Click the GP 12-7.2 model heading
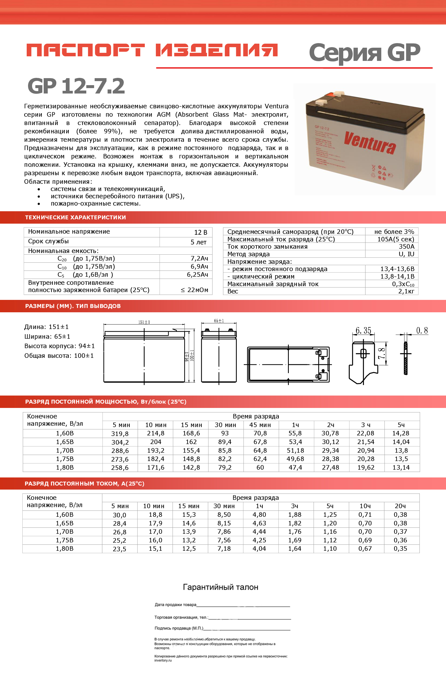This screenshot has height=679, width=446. point(76,86)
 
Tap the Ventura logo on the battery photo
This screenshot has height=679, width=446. point(370,142)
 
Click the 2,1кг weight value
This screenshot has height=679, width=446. point(406,291)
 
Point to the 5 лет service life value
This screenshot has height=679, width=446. point(198,242)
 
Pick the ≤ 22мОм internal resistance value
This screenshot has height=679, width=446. point(194,290)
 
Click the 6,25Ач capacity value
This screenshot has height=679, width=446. point(197,275)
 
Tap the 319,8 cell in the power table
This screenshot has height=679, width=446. point(120,434)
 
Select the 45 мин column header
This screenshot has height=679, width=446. point(260,425)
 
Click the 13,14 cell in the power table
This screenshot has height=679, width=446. point(401,467)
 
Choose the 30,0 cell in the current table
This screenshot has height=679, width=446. point(119,515)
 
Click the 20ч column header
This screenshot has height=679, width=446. point(400,506)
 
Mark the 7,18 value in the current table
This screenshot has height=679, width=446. point(224,548)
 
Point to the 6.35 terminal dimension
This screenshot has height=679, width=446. point(363,330)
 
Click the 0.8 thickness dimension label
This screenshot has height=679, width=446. point(422,330)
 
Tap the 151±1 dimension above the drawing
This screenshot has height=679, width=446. point(144,322)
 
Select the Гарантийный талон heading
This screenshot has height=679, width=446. point(220,587)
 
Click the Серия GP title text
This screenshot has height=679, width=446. point(364,53)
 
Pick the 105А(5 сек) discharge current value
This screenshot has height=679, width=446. point(396,239)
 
